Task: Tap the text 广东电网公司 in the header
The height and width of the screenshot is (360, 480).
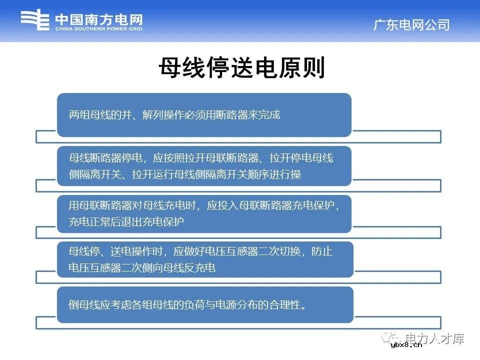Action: coord(411,24)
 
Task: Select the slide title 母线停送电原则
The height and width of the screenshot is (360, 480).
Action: coord(242,68)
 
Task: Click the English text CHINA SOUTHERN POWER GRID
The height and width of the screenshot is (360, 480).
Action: coord(98,29)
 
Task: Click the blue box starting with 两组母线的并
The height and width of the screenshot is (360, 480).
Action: coord(204,115)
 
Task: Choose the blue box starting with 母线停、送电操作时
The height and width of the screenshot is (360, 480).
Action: coord(204,259)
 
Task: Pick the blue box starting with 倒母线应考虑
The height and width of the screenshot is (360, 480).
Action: coord(204,304)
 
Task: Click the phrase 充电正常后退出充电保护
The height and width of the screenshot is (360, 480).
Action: coord(126,221)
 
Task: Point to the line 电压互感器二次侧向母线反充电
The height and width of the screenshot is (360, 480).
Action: coord(142,268)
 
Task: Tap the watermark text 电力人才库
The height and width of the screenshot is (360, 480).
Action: coord(435,338)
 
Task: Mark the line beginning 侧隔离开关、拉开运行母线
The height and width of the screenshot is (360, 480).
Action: coord(185,174)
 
